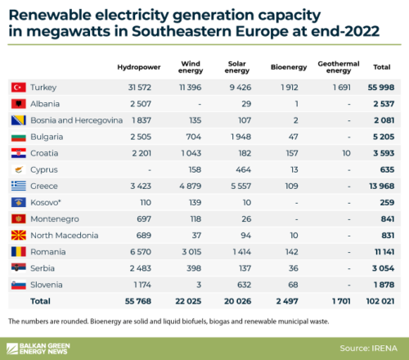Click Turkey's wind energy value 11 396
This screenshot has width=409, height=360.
click(191, 86)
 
